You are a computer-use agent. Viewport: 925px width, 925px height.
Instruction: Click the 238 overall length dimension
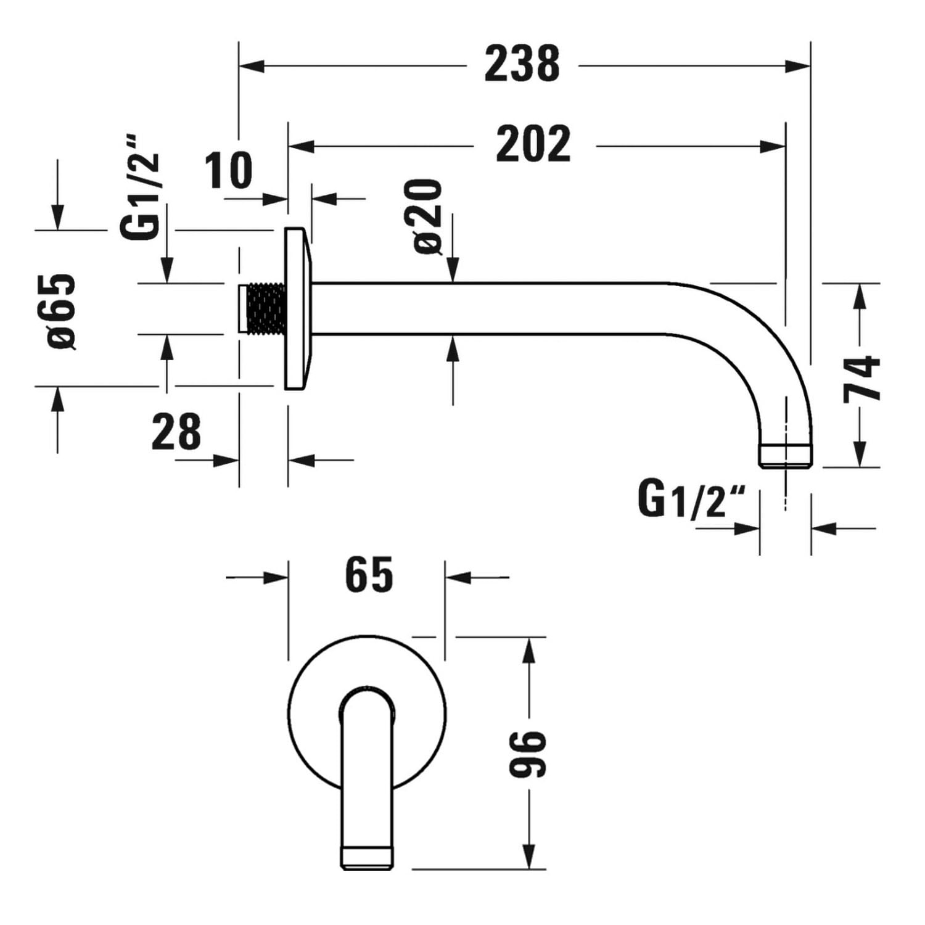(522, 64)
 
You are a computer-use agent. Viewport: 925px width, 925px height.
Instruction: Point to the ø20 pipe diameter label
(429, 216)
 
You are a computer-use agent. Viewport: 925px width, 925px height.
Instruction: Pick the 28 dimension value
(176, 432)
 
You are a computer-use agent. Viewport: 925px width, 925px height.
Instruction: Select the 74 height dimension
(861, 379)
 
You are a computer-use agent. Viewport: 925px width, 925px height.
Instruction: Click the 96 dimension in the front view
(528, 754)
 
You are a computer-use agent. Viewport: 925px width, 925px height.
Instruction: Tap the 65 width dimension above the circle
(369, 575)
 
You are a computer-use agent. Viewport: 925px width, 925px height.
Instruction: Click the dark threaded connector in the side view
(266, 308)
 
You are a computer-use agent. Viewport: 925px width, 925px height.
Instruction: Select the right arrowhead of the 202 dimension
(773, 147)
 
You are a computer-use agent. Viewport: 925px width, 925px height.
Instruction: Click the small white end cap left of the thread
(243, 308)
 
